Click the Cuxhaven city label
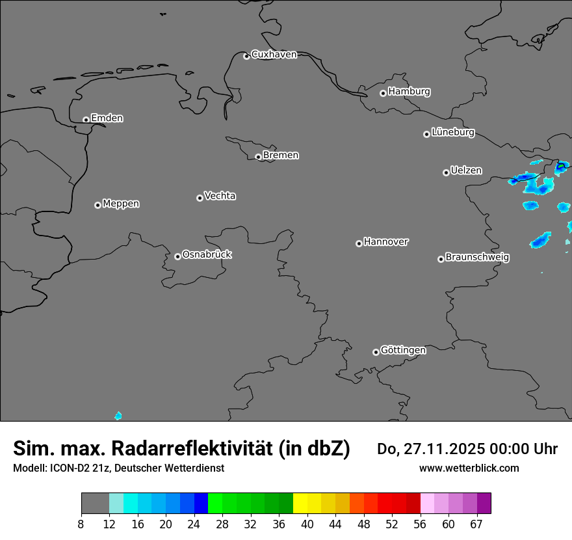[x=274, y=55]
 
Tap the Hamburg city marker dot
[x=383, y=93]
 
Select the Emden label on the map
[x=107, y=118]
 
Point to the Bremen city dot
[x=258, y=157]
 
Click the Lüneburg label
[x=453, y=133]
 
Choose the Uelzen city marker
[x=446, y=172]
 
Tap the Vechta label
[x=220, y=196]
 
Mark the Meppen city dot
[x=97, y=205]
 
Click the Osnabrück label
[x=207, y=254]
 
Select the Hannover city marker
[x=359, y=243]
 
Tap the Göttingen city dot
[x=376, y=352]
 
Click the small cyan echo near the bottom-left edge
[x=118, y=416]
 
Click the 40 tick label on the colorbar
[x=307, y=525]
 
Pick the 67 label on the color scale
[x=476, y=525]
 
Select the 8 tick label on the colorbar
[x=81, y=525]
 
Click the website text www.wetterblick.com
[x=469, y=468]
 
